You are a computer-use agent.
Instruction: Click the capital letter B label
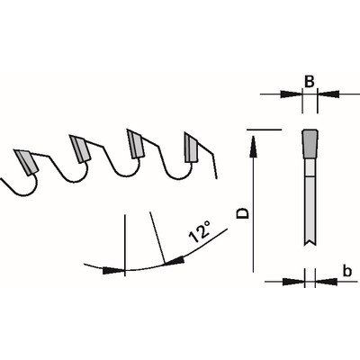[x=309, y=82]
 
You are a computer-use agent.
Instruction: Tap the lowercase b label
[x=347, y=271]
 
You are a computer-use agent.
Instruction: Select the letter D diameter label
[x=243, y=213]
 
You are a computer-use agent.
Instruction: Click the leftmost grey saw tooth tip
[x=26, y=162]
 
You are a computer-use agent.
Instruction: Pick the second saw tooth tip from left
[x=80, y=148]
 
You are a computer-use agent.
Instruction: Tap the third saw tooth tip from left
[x=136, y=144]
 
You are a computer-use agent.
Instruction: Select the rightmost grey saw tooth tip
[x=191, y=148]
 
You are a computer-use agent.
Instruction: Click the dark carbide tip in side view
[x=310, y=144]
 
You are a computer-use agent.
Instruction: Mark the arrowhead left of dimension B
[x=291, y=94]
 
